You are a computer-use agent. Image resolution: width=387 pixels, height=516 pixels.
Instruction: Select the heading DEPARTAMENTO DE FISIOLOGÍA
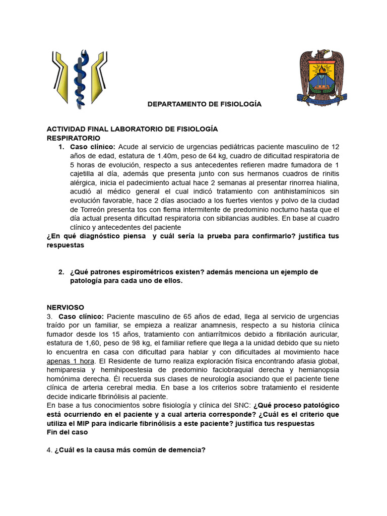pos(205,104)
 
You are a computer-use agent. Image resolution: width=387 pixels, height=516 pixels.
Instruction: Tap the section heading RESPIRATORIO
pos(74,138)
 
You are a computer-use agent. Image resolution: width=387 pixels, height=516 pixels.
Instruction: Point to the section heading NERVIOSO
pos(66,307)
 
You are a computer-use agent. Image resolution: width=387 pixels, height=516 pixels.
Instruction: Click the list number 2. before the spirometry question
pos(61,272)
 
